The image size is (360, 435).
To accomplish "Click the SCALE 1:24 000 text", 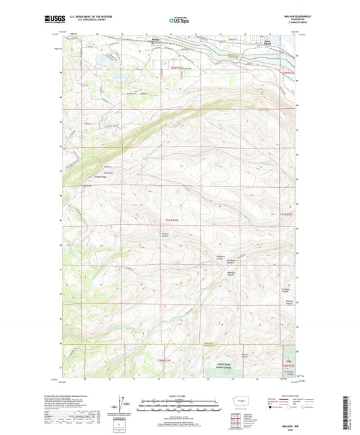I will [179, 395].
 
